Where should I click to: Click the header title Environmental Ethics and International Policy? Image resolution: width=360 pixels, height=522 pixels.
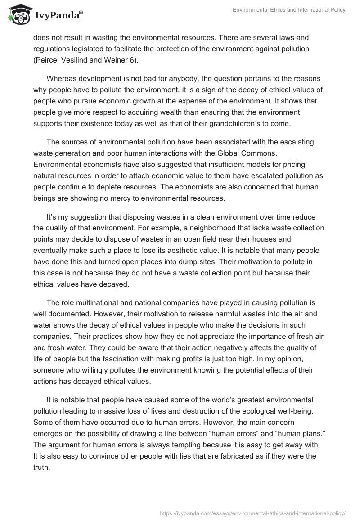pyautogui.click(x=289, y=10)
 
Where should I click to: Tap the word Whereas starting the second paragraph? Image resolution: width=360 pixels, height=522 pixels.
pyautogui.click(x=63, y=77)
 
